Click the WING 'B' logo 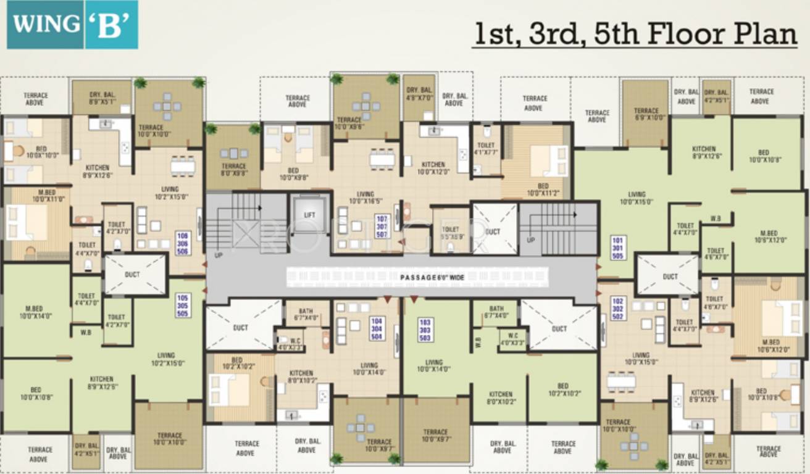pyautogui.click(x=72, y=25)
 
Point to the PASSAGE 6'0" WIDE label pyautogui.click(x=432, y=278)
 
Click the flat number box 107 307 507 pyautogui.click(x=382, y=225)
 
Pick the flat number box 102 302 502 pyautogui.click(x=617, y=308)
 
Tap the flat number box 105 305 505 pyautogui.click(x=182, y=305)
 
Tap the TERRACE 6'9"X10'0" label pyautogui.click(x=646, y=114)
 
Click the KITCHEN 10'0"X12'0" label pyautogui.click(x=433, y=168)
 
